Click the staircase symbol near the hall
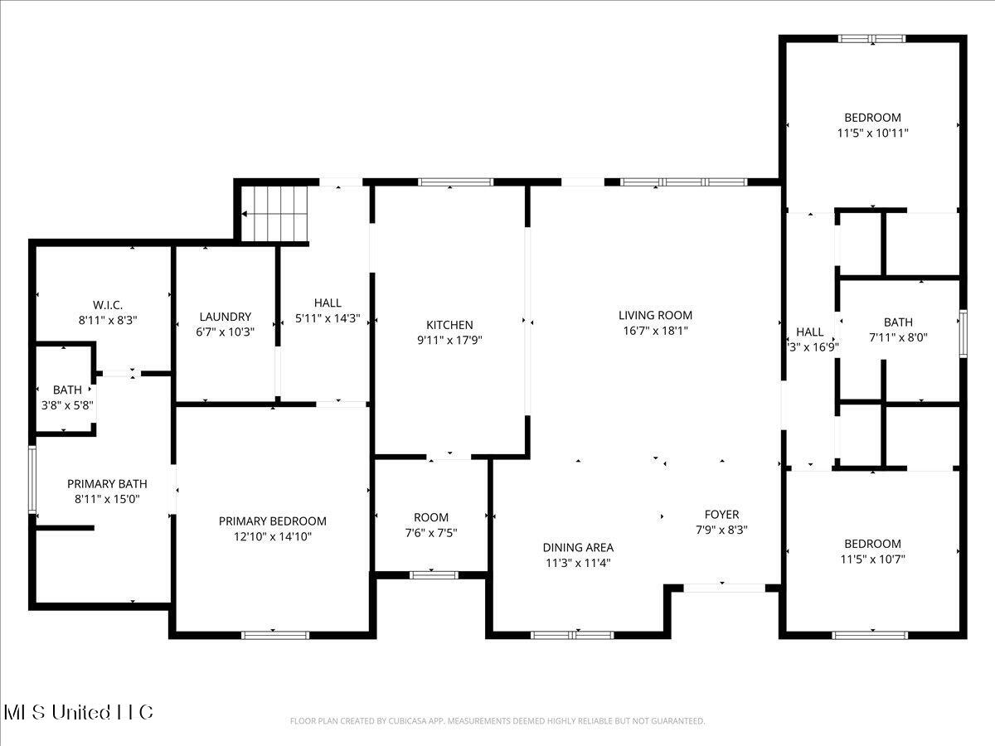tap(274, 213)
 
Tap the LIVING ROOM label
tap(655, 315)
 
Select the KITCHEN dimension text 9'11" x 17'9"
tap(449, 340)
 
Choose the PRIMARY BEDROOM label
tap(272, 521)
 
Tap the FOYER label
tap(721, 514)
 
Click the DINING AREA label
tap(578, 547)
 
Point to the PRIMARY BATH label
tap(107, 484)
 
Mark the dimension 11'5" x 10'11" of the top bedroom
tap(872, 133)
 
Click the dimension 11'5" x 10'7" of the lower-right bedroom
tap(872, 559)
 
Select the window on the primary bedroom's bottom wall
tap(275, 635)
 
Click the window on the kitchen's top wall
tap(455, 182)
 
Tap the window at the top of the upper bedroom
tap(871, 38)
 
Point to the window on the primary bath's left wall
tap(32, 479)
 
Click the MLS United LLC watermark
tap(79, 712)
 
